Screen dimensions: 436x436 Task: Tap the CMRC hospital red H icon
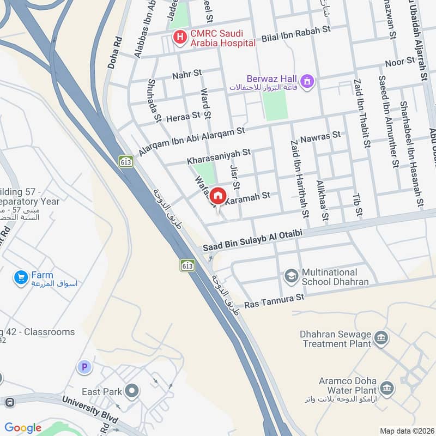click(179, 37)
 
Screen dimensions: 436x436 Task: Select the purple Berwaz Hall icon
click(308, 82)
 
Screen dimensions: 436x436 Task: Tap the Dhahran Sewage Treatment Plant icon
click(381, 338)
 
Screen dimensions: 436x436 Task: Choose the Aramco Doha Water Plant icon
click(386, 389)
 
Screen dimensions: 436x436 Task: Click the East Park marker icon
click(131, 391)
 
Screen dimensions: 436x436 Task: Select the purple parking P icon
click(84, 367)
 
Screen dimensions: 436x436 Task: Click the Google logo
click(23, 428)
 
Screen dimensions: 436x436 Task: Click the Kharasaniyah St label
click(219, 157)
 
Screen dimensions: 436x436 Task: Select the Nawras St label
click(320, 136)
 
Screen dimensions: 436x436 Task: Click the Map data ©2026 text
click(406, 431)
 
